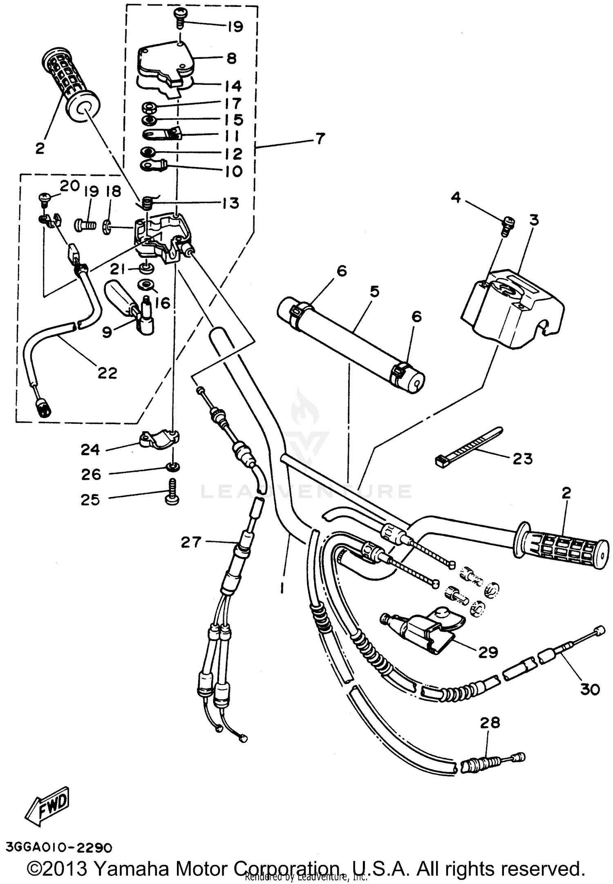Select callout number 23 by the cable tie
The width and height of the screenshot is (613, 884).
[x=523, y=459]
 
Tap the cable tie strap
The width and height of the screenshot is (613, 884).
[x=470, y=448]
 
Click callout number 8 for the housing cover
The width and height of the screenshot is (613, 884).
[x=231, y=58]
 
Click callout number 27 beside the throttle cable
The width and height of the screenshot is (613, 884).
[x=191, y=542]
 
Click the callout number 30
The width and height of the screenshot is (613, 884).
[x=590, y=689]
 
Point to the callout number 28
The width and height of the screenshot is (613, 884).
[x=490, y=723]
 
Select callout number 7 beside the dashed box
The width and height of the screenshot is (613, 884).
[x=320, y=139]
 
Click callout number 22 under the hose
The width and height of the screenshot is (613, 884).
[x=107, y=373]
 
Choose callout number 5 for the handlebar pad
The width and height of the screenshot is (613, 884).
[x=374, y=292]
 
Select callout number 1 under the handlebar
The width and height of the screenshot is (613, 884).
[x=282, y=587]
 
